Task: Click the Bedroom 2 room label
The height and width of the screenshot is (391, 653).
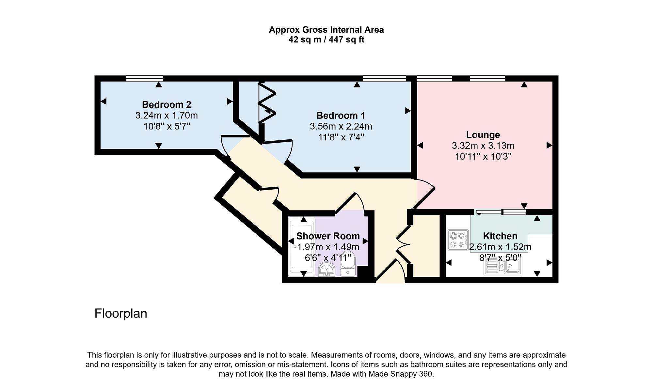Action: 167,104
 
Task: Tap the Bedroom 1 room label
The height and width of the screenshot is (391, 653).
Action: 341,116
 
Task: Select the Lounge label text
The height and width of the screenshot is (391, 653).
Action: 483,135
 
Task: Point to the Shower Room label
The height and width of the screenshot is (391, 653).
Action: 328,236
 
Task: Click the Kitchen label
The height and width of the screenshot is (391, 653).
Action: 500,236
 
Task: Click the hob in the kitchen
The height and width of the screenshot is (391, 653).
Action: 458,240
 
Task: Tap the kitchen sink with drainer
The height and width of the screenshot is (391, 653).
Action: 503,265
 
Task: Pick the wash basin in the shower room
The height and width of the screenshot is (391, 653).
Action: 326,270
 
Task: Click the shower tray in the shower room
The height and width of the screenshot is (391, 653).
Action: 302,247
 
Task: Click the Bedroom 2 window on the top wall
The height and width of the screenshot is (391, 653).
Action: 144,78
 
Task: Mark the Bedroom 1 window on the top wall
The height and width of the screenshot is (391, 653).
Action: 384,78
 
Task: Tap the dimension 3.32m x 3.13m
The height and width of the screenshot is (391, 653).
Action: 483,146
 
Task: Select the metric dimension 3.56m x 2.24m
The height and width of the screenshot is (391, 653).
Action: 341,126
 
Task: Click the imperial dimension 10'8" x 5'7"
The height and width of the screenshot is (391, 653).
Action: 167,126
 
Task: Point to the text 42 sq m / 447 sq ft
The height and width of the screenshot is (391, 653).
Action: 326,40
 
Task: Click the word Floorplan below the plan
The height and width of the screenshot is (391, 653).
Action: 121,314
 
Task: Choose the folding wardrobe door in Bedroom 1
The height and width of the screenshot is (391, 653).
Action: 267,103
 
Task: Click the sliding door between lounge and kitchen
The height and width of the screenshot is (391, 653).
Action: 501,212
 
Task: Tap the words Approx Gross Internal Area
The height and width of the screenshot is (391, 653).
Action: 326,30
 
